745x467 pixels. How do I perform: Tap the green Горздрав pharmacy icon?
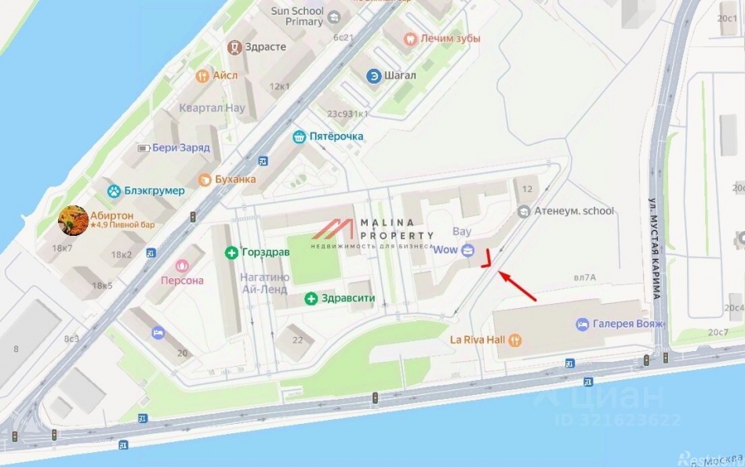point(231,252)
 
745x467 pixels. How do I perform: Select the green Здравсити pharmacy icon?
point(311,298)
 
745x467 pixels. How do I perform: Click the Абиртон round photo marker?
point(74,219)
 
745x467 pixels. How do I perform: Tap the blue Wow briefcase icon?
point(468,250)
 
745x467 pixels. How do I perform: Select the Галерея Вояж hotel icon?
point(582,324)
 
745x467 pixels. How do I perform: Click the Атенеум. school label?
point(574,211)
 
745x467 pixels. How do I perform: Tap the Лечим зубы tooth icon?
point(409,37)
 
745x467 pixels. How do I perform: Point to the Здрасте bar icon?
point(234,47)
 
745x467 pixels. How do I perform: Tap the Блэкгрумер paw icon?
point(114,190)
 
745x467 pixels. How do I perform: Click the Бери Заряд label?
point(180,147)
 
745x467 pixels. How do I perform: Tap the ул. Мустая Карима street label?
point(656,248)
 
